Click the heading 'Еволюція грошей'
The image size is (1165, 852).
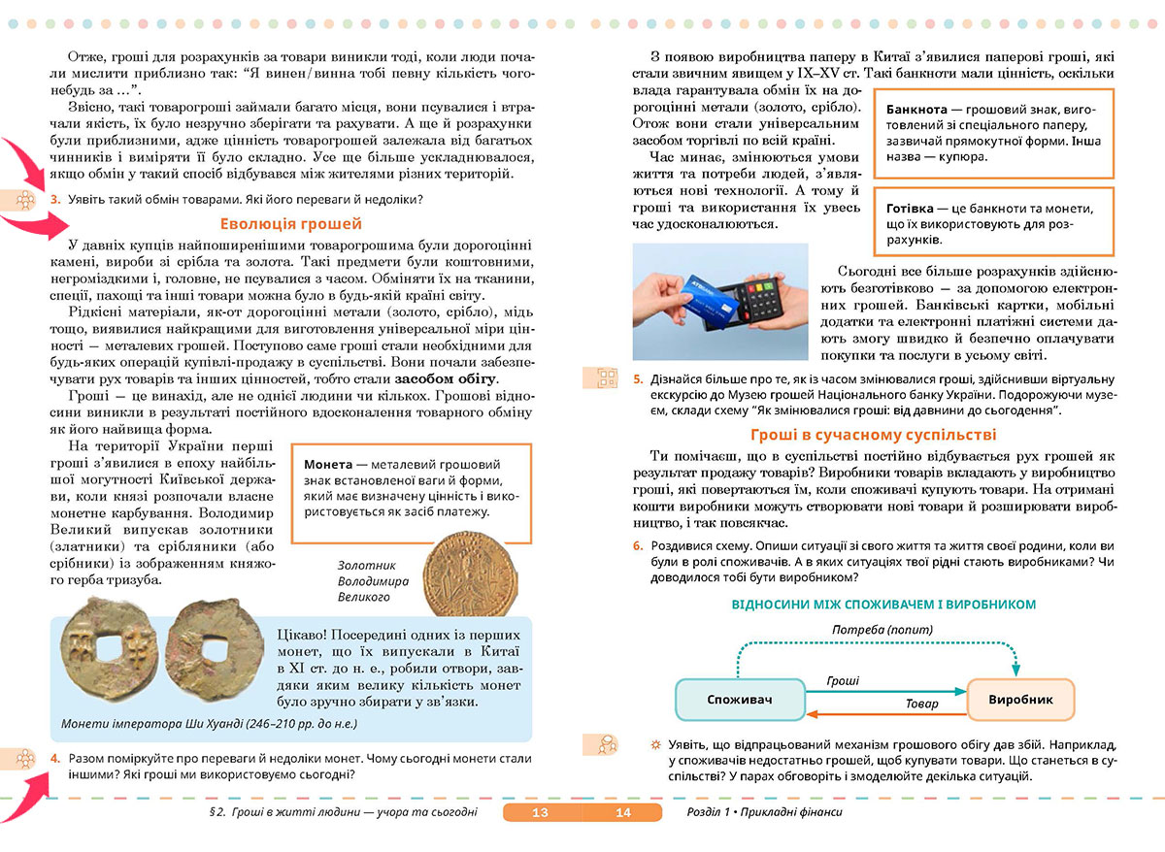point(276,223)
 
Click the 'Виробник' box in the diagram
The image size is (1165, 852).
point(1019,699)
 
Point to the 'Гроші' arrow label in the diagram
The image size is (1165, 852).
point(842,681)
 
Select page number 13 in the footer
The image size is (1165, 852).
point(541,812)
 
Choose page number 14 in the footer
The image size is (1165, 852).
point(622,812)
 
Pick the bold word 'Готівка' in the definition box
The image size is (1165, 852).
point(913,209)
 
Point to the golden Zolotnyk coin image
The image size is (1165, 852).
point(468,571)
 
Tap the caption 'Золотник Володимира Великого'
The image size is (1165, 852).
point(373,581)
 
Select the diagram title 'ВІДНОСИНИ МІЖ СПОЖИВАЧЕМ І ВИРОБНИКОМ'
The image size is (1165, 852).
point(883,604)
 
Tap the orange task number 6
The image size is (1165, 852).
point(637,545)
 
